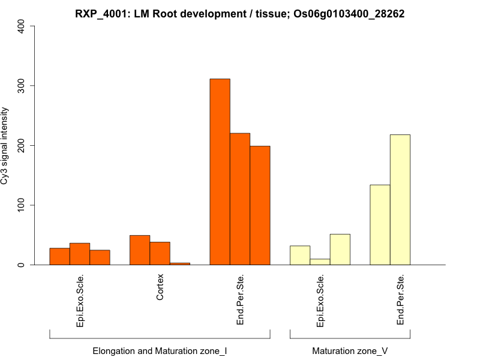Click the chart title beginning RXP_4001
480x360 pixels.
click(240, 14)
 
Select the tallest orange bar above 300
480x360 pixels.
click(220, 172)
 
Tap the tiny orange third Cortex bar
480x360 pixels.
click(180, 263)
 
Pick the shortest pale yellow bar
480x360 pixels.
click(320, 262)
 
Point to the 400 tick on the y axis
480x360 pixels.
click(22, 26)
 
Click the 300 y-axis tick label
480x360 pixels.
click(22, 86)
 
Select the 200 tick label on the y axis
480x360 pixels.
click(22, 145)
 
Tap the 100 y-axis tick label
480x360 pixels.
click(22, 205)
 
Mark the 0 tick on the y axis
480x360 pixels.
click(22, 265)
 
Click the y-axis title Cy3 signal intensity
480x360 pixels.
click(5, 145)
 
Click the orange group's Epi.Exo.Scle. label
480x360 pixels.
click(80, 301)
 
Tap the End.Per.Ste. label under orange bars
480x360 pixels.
click(240, 299)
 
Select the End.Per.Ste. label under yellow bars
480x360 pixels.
click(400, 299)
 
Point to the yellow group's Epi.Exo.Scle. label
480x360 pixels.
click(320, 301)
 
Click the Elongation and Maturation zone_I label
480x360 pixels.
click(160, 350)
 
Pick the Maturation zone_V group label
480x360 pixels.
click(350, 350)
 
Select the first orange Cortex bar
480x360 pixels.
click(140, 250)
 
